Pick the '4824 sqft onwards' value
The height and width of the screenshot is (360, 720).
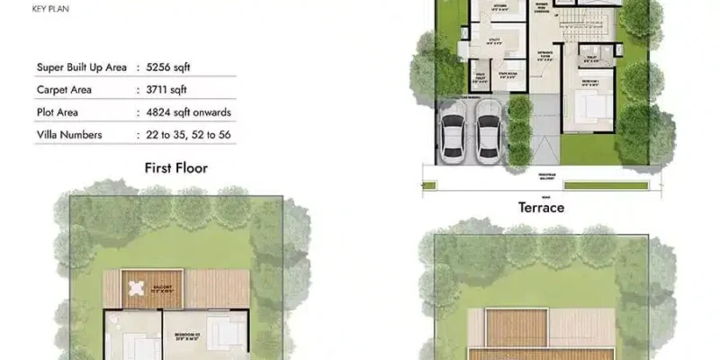tap(189, 112)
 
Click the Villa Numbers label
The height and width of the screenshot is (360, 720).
tap(70, 135)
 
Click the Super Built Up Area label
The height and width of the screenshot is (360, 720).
tap(82, 67)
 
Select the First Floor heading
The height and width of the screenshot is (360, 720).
tap(176, 168)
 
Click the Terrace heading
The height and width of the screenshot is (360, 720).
tap(541, 208)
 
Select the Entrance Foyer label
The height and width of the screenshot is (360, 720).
tap(545, 79)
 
